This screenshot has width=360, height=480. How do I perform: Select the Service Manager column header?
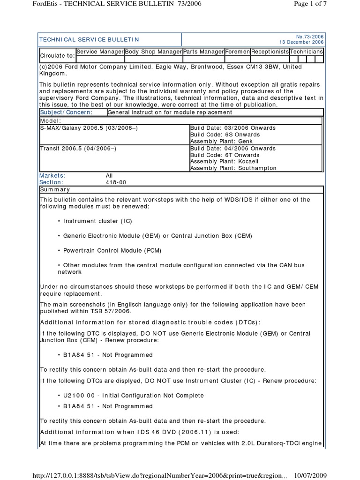pyautogui.click(x=100, y=52)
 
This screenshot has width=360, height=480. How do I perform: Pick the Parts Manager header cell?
pyautogui.click(x=203, y=52)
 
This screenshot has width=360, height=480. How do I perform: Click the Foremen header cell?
pyautogui.click(x=237, y=52)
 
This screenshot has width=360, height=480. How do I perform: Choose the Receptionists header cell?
pyautogui.click(x=270, y=52)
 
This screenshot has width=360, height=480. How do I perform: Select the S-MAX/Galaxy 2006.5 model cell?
pyautogui.click(x=89, y=128)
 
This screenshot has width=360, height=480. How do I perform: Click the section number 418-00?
pyautogui.click(x=116, y=182)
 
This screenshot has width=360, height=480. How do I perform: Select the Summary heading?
pyautogui.click(x=55, y=189)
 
